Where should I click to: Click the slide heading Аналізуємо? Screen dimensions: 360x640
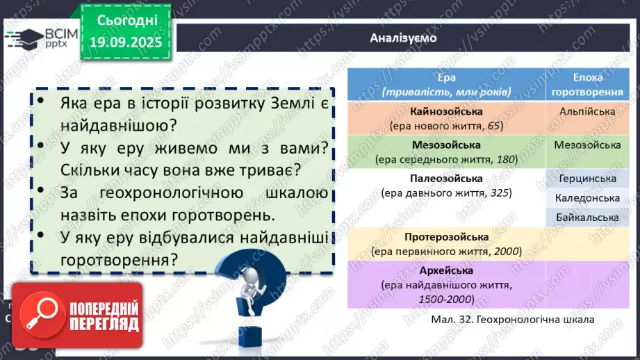[x=404, y=38]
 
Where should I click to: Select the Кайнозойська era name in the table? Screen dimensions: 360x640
[x=446, y=111]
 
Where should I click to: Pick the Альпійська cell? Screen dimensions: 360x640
[x=587, y=111]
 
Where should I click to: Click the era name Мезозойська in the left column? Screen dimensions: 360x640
[x=446, y=145]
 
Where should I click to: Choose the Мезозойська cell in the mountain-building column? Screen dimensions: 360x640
[x=587, y=145]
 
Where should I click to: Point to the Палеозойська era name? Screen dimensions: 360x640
[x=446, y=178]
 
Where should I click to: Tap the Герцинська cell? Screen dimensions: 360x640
[x=587, y=179]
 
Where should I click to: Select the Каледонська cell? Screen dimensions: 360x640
[x=587, y=198]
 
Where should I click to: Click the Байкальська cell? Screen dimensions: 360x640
[x=587, y=218]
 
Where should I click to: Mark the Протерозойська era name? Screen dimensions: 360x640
[x=446, y=237]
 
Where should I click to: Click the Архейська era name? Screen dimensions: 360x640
[x=446, y=270]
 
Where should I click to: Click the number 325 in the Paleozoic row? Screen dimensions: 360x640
[x=500, y=193]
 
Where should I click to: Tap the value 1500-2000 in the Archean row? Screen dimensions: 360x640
[x=446, y=299]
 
